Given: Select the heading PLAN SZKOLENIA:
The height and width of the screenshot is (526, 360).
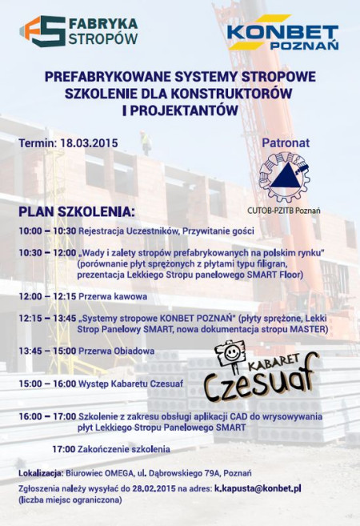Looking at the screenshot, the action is click(76, 211).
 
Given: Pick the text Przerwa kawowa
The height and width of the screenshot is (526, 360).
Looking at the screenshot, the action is click(114, 296).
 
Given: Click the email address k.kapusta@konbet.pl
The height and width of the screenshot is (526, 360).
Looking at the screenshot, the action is click(258, 488).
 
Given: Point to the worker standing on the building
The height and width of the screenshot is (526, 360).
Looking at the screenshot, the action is click(146, 143).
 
